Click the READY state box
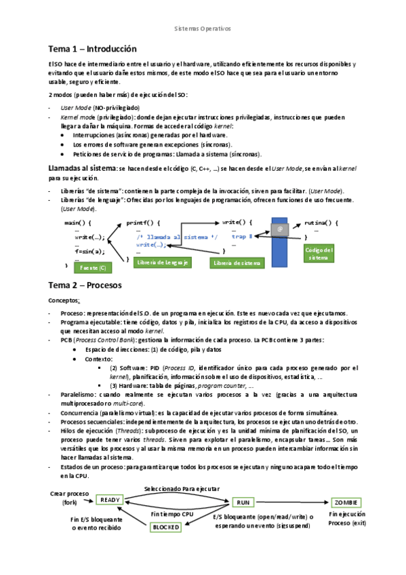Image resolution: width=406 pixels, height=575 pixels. point(110,500)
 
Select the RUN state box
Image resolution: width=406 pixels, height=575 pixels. point(243,502)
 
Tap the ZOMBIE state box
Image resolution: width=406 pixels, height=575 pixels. point(346,502)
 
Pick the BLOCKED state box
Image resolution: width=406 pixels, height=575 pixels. point(166,527)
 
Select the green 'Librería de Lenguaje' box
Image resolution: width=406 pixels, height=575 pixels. point(162,262)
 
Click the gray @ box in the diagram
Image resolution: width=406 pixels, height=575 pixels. point(279,229)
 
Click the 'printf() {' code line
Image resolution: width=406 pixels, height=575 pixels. point(143,222)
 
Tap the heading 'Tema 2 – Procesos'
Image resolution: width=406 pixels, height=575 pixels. point(85,285)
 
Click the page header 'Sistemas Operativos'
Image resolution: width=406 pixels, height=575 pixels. point(203,30)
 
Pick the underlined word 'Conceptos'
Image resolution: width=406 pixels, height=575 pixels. point(64,300)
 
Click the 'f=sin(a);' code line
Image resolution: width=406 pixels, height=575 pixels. point(90,251)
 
